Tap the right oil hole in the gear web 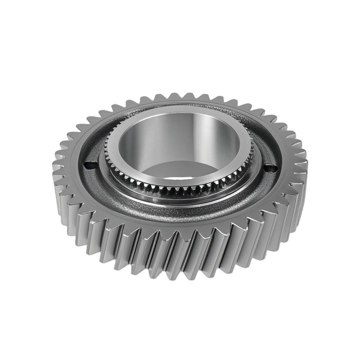[x=270, y=168]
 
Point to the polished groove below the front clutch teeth [x=180, y=197]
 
